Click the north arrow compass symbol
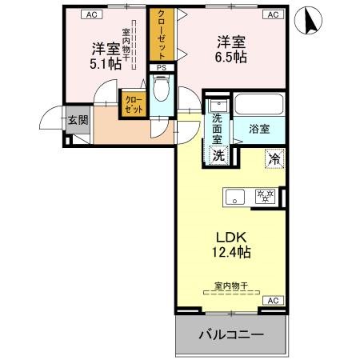tap(310, 22)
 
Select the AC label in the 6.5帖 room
tap(272, 14)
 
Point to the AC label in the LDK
tap(271, 300)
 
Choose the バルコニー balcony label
tap(230, 334)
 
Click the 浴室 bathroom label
tap(258, 128)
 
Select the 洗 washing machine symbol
tap(218, 155)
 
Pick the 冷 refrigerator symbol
tap(274, 158)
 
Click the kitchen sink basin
tap(236, 196)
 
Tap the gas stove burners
tap(265, 196)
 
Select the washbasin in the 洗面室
tap(218, 105)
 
